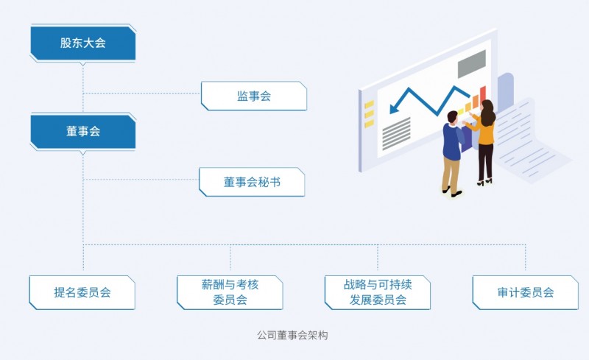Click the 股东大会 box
click(83, 43)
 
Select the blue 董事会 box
click(83, 131)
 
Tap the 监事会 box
click(254, 96)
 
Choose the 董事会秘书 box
click(252, 182)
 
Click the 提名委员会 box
click(82, 292)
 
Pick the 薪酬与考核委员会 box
click(230, 292)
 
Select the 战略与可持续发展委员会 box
click(378, 292)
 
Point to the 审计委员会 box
click(526, 292)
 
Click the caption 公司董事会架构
click(292, 335)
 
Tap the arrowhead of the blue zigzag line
click(394, 107)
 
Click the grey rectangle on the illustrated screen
click(472, 63)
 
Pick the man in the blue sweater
click(452, 153)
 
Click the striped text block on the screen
click(396, 134)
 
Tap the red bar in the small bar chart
click(483, 95)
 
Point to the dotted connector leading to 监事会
click(142, 93)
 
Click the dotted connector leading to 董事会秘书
click(141, 180)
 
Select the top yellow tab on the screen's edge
click(370, 104)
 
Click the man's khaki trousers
click(451, 175)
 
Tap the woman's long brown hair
click(487, 113)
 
